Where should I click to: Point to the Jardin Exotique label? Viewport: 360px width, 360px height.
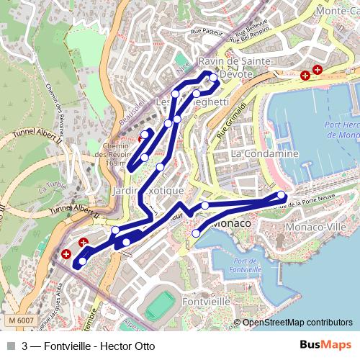[148, 190]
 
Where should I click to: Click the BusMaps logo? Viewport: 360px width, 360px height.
[325, 345]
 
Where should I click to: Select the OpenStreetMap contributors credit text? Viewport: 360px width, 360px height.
[297, 322]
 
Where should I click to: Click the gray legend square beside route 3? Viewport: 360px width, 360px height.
[9, 346]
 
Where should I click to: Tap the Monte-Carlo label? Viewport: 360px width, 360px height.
[337, 12]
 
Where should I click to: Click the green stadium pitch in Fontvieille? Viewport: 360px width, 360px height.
[155, 307]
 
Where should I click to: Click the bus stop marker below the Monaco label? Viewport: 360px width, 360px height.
[196, 233]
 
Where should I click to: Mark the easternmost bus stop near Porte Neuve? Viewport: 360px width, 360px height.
[281, 194]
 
